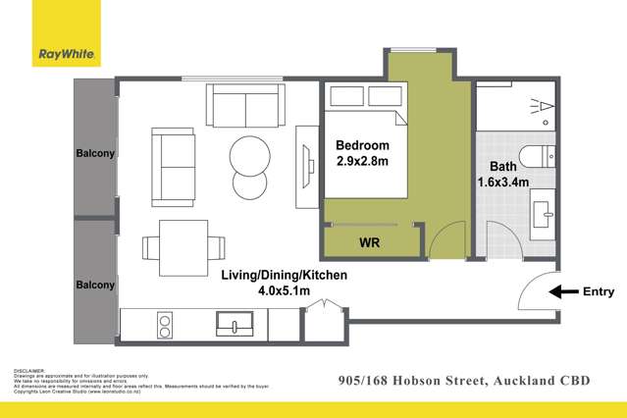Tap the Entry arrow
[564, 291]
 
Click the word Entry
[599, 291]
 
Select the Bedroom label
[361, 145]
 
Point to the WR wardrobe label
[370, 240]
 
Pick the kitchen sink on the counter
[235, 323]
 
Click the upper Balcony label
[96, 154]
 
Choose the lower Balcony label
[96, 286]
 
